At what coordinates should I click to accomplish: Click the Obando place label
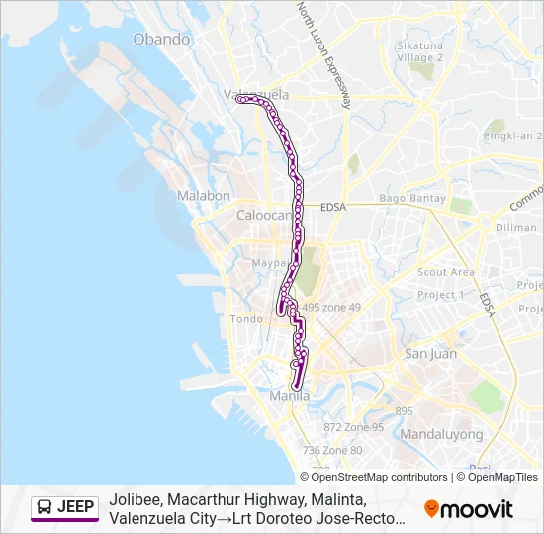(161, 40)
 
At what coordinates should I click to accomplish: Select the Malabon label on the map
(204, 196)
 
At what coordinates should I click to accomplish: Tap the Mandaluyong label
(441, 434)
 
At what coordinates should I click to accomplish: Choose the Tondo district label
(246, 319)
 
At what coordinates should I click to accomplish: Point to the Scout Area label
(446, 272)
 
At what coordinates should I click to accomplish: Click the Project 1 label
(440, 295)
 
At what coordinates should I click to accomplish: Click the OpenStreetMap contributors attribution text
(365, 477)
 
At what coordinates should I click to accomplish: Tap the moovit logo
(469, 509)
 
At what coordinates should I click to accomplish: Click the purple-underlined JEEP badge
(65, 508)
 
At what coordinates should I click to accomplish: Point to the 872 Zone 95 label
(353, 427)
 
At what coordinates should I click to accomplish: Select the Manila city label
(290, 396)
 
